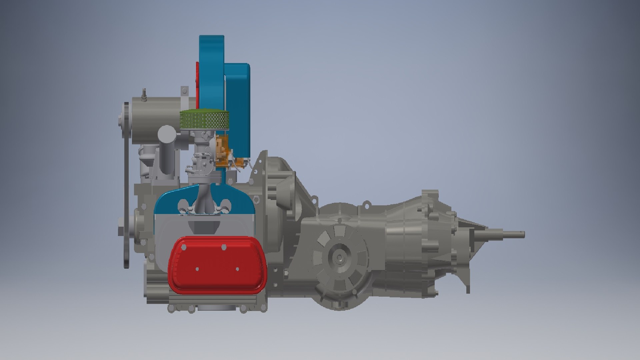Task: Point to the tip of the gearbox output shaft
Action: (x=523, y=234)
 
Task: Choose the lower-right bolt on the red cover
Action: (x=237, y=269)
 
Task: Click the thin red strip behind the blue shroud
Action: (x=197, y=80)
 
